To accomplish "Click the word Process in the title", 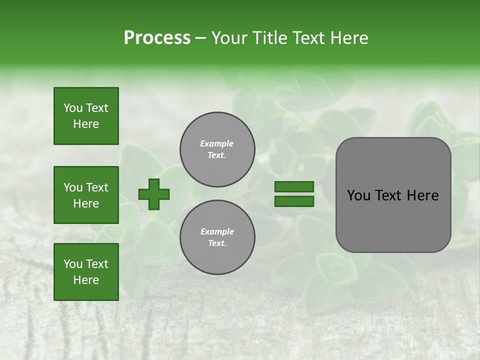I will click(x=157, y=38).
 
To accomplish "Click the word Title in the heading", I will click(x=269, y=38).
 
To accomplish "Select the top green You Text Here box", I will click(x=86, y=116).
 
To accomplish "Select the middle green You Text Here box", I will click(x=86, y=195).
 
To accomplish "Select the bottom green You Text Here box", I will click(x=86, y=272).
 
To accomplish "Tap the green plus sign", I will click(x=154, y=194).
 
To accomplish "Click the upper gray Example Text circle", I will click(x=217, y=149).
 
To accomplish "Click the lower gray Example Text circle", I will click(x=217, y=237).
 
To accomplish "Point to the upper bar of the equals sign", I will click(x=294, y=187).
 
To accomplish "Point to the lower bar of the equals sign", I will click(x=294, y=201).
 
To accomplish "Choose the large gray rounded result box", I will click(x=393, y=195).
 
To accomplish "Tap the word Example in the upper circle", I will click(x=217, y=143).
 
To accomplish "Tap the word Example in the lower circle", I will click(x=217, y=231).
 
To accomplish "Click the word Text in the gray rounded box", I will click(x=389, y=195).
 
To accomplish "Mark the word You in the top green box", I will click(x=72, y=108).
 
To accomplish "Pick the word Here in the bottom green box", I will click(x=86, y=280).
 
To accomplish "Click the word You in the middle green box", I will click(x=72, y=187).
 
